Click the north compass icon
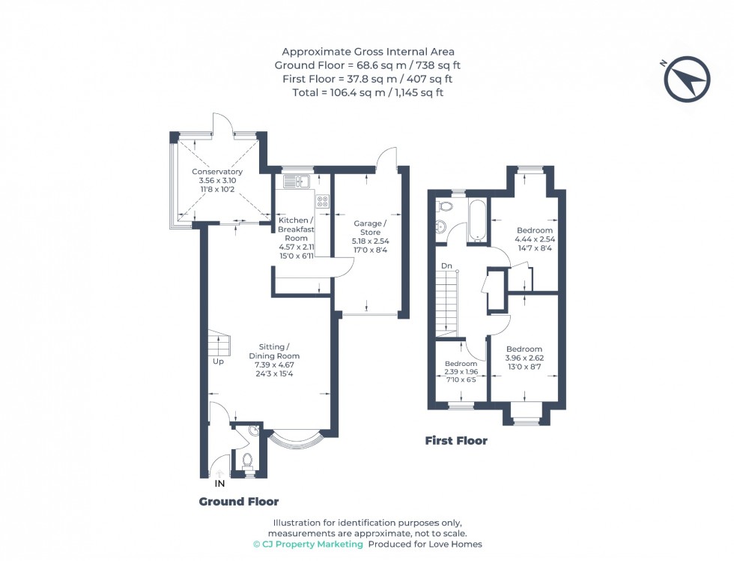[687, 79]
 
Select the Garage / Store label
[370, 232]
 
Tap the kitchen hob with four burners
[323, 201]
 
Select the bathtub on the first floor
[478, 220]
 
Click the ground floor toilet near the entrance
[247, 460]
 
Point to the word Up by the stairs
[218, 361]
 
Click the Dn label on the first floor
[446, 266]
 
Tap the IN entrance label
[219, 484]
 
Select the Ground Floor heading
[238, 501]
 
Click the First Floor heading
[455, 440]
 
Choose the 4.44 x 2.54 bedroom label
[534, 239]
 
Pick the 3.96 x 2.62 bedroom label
[524, 358]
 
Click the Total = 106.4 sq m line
[367, 92]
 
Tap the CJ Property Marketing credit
[308, 544]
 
